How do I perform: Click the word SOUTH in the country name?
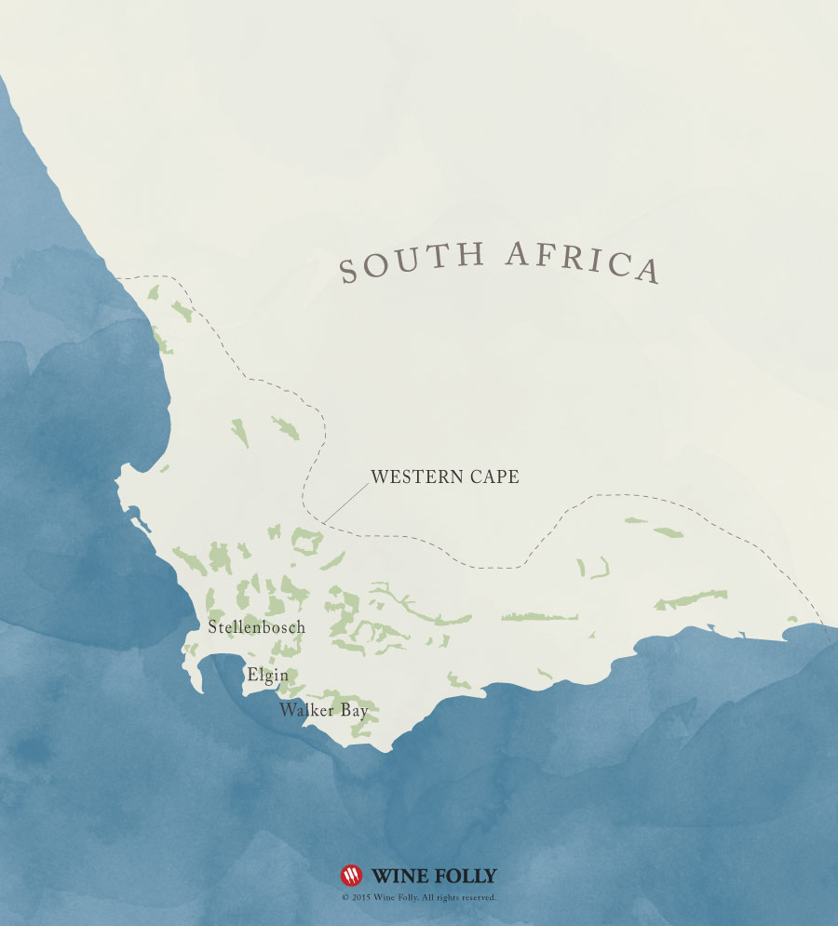[x=412, y=262]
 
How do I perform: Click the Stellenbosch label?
[x=257, y=627]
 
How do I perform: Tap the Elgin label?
[x=267, y=675]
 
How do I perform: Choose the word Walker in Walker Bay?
[x=307, y=711]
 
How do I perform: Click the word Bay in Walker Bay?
[x=355, y=712]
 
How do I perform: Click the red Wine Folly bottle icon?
[x=351, y=876]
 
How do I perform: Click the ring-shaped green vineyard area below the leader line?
[x=305, y=539]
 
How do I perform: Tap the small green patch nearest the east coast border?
[x=792, y=619]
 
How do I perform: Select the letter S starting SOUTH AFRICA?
[x=349, y=272]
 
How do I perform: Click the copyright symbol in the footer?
[x=345, y=898]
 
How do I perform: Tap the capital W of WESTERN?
[x=378, y=476]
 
